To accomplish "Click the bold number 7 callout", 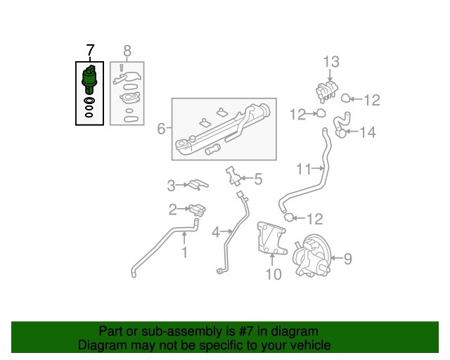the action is [x=90, y=51].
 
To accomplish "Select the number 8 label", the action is [x=127, y=51].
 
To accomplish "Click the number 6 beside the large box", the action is [x=161, y=129].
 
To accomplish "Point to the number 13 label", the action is [x=331, y=62].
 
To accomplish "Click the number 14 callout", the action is [x=368, y=132].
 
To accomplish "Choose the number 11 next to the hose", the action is [x=304, y=169].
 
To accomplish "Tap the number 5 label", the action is [x=258, y=179].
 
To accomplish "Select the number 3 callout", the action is [x=171, y=186].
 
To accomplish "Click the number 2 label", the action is [x=173, y=210].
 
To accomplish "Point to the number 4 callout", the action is [x=216, y=232].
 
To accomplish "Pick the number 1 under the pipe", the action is [x=184, y=252].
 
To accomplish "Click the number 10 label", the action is [x=274, y=274].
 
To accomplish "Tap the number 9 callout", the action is [x=348, y=259].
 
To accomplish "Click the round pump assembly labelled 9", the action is [x=311, y=256].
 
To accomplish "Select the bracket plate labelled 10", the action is [x=271, y=238].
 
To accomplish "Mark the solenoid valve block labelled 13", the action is [x=326, y=91].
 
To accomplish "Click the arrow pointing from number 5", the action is [x=247, y=179].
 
